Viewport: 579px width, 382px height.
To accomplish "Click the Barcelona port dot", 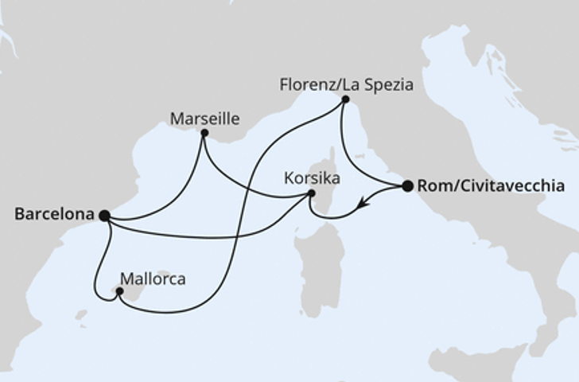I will point(104,215).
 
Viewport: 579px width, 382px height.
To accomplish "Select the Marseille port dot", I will point(204,133).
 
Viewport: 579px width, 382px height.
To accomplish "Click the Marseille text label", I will point(204,119).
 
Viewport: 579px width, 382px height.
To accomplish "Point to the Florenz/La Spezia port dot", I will point(344,99).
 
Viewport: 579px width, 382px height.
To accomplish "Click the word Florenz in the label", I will point(305,84).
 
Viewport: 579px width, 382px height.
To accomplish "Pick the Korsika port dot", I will point(312,193).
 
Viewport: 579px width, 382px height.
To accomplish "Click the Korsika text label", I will point(312,178).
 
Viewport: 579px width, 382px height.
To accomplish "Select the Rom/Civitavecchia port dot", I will point(408,186).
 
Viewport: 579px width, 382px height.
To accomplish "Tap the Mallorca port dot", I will point(119,291).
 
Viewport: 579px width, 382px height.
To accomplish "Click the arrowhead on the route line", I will point(361,204).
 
